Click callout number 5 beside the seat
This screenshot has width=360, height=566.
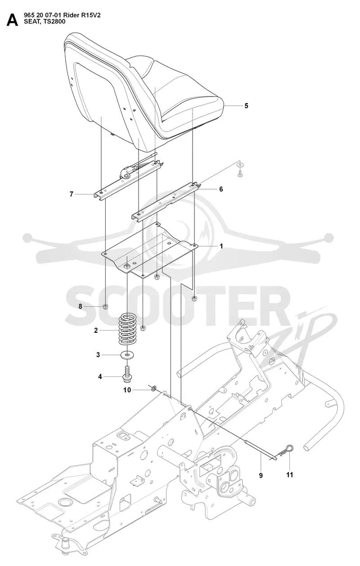tap(247, 106)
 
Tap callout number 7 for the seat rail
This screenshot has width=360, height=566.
tap(72, 194)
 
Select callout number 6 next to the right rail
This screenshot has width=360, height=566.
tap(221, 189)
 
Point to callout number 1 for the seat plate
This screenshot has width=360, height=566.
tap(221, 246)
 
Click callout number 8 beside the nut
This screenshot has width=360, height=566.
tap(80, 307)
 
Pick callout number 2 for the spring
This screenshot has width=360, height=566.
tap(96, 330)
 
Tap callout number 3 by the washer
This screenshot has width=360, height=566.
tap(98, 355)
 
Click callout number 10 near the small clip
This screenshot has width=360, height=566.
tap(127, 390)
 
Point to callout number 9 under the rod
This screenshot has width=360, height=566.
tap(261, 475)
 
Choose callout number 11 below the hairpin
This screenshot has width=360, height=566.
tap(290, 475)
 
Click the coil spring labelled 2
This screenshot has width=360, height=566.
tap(128, 330)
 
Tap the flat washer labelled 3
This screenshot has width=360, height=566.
tap(127, 355)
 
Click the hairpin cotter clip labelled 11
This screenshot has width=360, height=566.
tap(288, 448)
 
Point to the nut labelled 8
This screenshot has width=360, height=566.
tap(106, 307)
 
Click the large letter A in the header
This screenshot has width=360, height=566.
tap(12, 20)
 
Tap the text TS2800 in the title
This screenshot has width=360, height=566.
tap(55, 22)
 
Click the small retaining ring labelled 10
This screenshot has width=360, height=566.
tap(153, 388)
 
